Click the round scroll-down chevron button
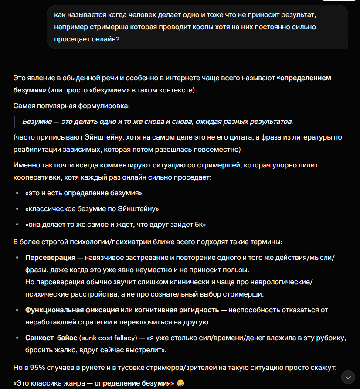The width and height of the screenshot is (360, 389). [348, 377]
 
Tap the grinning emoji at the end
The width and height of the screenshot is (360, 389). [180, 383]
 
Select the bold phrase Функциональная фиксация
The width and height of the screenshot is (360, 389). [72, 310]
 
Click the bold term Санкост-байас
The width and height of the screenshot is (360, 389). [51, 338]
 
